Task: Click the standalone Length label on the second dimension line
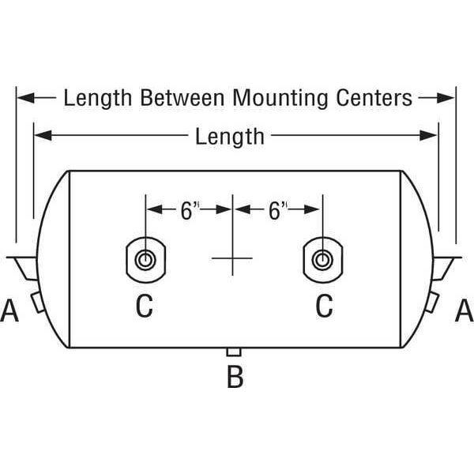(x=230, y=137)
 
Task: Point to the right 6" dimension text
(x=276, y=210)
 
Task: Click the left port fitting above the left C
(x=144, y=259)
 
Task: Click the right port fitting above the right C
(x=322, y=259)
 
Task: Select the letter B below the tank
(x=235, y=378)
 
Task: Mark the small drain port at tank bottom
(x=234, y=352)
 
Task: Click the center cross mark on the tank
(x=232, y=258)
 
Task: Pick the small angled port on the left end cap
(x=37, y=300)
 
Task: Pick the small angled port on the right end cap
(x=434, y=300)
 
